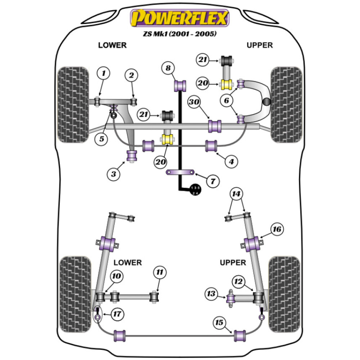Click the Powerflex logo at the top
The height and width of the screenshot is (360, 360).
click(x=180, y=18)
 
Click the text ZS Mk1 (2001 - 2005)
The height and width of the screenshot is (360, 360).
click(x=180, y=35)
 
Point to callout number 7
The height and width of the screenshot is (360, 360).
click(x=212, y=181)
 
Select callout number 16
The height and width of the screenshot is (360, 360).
click(x=277, y=229)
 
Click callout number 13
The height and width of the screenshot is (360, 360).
click(x=211, y=294)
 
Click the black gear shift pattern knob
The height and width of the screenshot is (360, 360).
click(x=195, y=190)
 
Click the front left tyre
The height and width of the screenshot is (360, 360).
click(x=73, y=104)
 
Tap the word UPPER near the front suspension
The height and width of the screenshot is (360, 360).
click(x=260, y=45)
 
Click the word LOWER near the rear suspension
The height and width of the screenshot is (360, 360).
click(x=127, y=262)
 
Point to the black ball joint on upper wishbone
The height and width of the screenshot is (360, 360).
click(x=267, y=102)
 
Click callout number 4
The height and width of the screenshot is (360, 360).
click(x=231, y=162)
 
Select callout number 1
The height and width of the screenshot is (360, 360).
click(x=104, y=74)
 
